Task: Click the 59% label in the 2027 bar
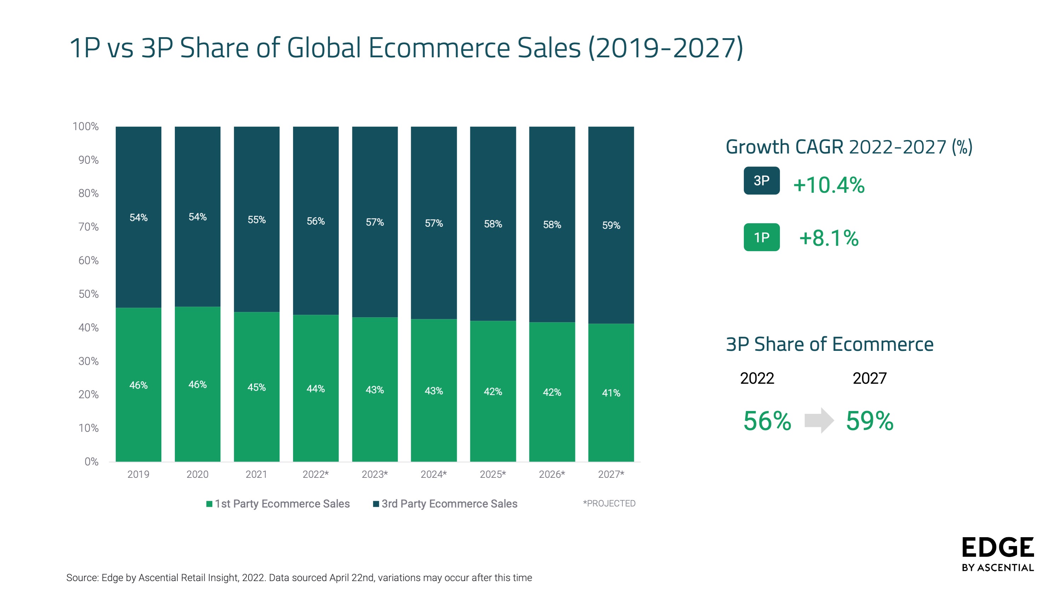[611, 225]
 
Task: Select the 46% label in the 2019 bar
[138, 385]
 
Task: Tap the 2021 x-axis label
[257, 474]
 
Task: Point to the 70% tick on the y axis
[88, 227]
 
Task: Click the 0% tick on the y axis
[92, 462]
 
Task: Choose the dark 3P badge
[762, 180]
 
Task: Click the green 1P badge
[762, 237]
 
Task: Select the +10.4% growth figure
[829, 185]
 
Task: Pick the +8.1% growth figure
[829, 238]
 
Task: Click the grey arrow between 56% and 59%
[819, 421]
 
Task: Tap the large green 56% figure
[767, 421]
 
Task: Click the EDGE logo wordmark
[998, 547]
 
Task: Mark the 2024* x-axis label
[434, 474]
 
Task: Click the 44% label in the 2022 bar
[316, 389]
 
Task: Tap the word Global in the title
[324, 48]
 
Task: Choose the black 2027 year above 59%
[869, 378]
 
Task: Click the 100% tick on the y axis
[86, 127]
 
